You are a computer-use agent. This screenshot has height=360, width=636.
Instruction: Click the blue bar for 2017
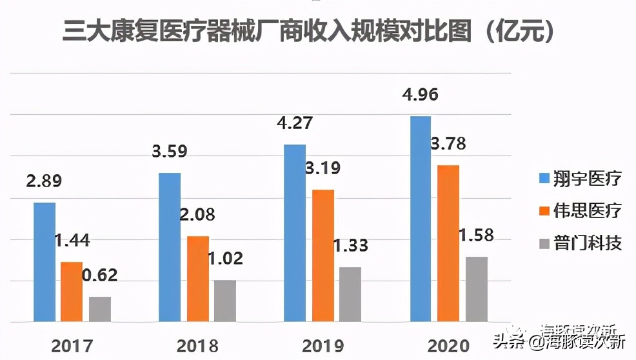tap(45, 262)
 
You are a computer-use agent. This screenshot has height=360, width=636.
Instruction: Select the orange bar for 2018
tap(198, 279)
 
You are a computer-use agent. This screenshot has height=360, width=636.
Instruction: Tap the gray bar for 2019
tap(350, 294)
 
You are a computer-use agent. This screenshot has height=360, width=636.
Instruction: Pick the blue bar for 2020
tap(421, 219)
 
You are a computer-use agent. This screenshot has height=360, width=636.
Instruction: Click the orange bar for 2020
tap(448, 243)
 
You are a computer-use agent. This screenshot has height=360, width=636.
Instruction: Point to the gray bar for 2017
tap(100, 309)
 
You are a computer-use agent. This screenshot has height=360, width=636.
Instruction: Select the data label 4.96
tap(419, 95)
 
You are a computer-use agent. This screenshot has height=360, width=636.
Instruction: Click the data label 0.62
tap(100, 275)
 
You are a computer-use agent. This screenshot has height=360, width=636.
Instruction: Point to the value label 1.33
tap(350, 246)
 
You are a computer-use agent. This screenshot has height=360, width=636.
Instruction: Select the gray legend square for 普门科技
tap(542, 243)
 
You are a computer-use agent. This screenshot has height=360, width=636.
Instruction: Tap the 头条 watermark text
tap(508, 341)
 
